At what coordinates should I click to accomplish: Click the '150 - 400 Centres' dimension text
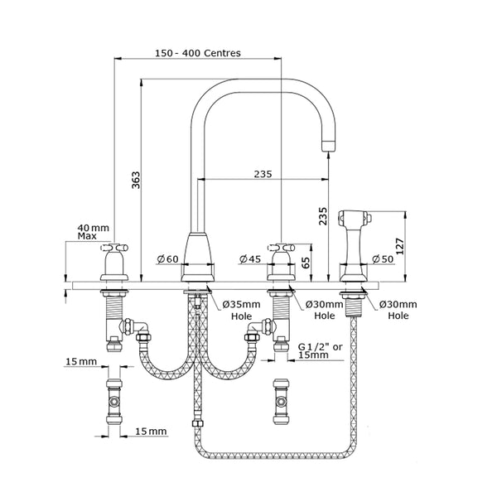click(198, 52)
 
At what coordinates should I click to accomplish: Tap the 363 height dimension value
click(136, 181)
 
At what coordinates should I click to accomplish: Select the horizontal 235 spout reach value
click(263, 174)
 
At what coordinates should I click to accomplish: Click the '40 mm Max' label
click(92, 232)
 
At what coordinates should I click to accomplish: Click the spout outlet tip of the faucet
click(328, 146)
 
